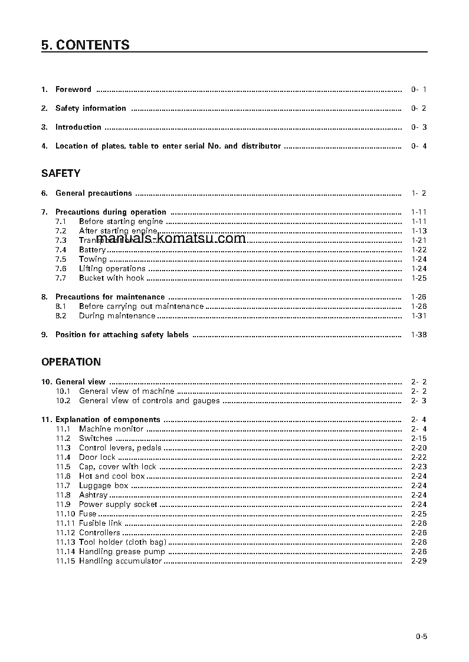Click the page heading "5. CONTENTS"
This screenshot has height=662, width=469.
click(x=86, y=45)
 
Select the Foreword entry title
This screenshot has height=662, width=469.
click(x=73, y=90)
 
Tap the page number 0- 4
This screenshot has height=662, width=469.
click(x=418, y=146)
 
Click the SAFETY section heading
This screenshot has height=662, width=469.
click(x=61, y=173)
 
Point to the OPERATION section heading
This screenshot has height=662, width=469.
click(x=71, y=362)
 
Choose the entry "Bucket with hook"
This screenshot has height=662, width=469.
click(x=111, y=278)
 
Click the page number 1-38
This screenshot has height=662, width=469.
click(x=418, y=335)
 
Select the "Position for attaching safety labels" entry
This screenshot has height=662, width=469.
click(x=122, y=335)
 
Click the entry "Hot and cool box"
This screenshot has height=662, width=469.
click(x=111, y=476)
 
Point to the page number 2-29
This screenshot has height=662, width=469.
click(x=418, y=561)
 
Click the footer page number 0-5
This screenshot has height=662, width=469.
click(x=421, y=636)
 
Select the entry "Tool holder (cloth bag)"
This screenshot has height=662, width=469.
click(x=122, y=542)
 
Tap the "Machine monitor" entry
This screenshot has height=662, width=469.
click(x=111, y=429)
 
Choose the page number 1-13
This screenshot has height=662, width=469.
click(x=418, y=231)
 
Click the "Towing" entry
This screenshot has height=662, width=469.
click(x=93, y=259)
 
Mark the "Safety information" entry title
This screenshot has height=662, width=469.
click(x=90, y=108)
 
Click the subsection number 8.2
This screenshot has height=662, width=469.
click(x=61, y=316)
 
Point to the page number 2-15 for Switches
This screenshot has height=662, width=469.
click(x=418, y=439)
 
